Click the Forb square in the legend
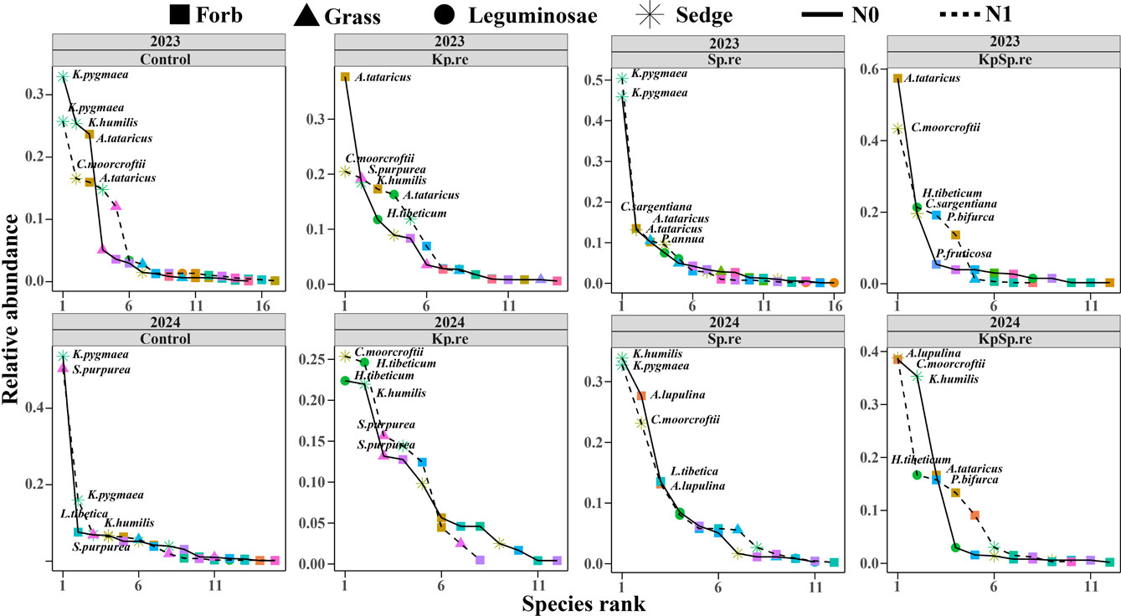point(177,14)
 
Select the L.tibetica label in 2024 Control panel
point(84,514)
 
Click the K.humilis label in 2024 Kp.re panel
point(400,393)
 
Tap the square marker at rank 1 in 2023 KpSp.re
point(897,79)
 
